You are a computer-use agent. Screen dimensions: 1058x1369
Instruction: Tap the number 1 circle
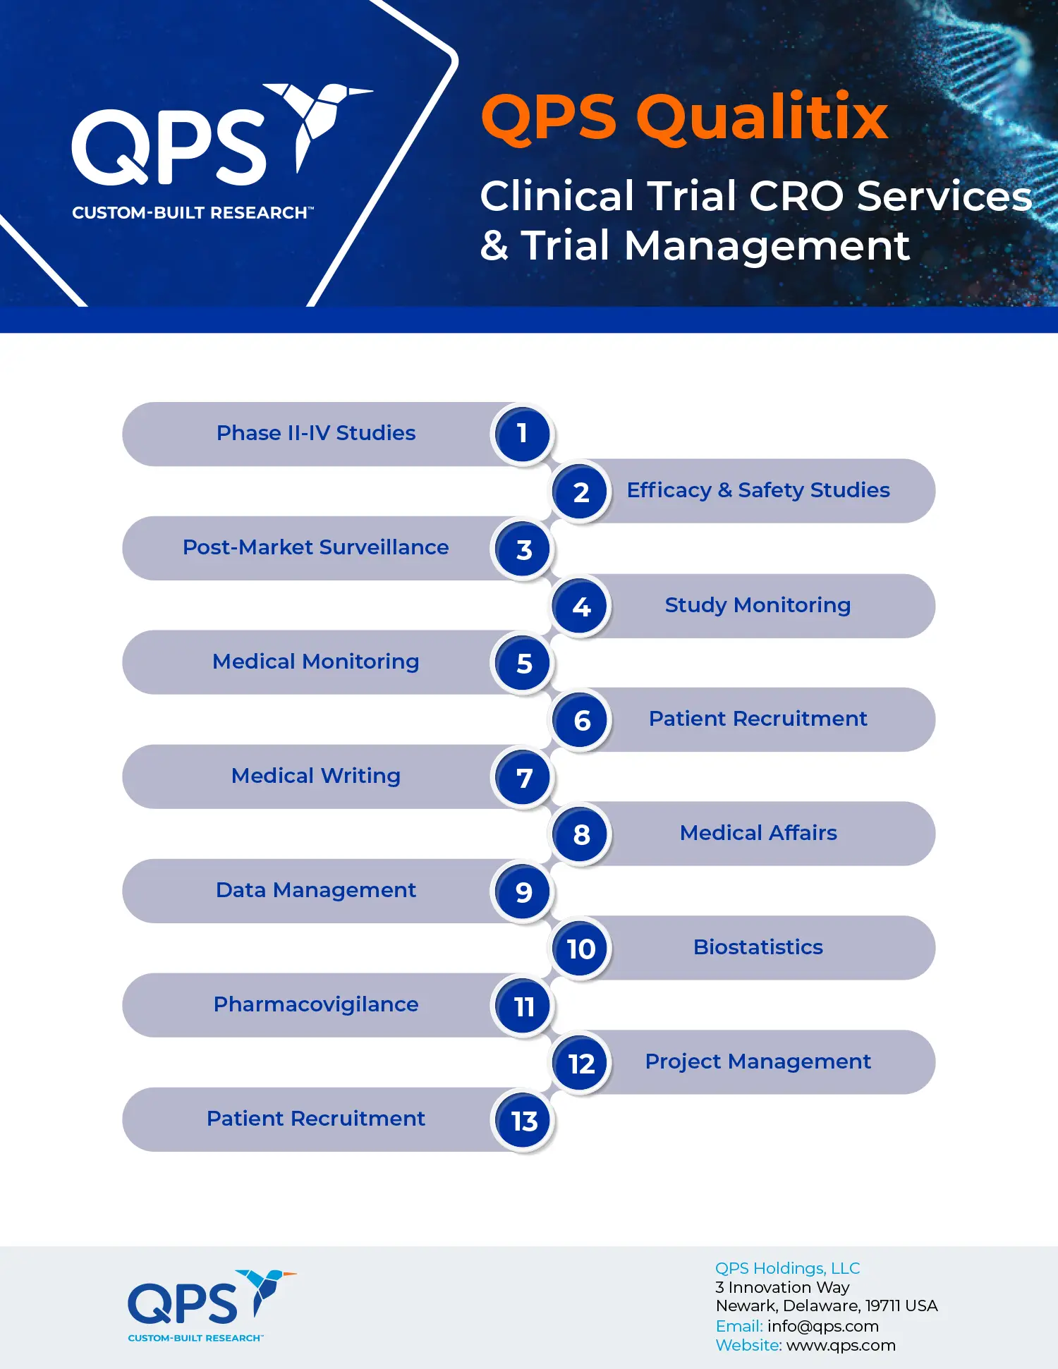(522, 434)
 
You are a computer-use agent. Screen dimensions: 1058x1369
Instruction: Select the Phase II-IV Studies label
(316, 433)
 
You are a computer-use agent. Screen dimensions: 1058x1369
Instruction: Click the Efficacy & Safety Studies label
(758, 490)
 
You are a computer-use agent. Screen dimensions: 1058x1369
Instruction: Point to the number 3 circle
(523, 549)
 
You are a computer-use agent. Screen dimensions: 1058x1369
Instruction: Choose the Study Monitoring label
(758, 605)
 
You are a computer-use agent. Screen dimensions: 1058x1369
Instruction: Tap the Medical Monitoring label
(316, 662)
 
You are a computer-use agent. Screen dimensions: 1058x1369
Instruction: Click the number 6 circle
(581, 720)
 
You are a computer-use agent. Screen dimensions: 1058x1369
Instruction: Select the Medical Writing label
(316, 776)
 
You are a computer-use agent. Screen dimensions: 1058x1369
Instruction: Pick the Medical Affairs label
(758, 833)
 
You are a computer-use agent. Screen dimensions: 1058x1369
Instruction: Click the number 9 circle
(523, 892)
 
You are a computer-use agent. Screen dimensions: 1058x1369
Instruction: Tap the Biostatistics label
(758, 947)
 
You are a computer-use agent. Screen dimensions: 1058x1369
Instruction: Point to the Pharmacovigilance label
(316, 1004)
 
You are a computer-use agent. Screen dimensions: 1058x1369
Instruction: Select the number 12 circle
(581, 1063)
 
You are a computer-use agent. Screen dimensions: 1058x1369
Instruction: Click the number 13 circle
(523, 1121)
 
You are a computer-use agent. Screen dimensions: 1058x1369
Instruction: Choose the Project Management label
(758, 1061)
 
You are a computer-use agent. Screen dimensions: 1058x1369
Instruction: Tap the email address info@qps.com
(823, 1326)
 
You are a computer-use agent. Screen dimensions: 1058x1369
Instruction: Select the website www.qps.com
(841, 1346)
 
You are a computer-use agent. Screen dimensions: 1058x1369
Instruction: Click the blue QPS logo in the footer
(212, 1306)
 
